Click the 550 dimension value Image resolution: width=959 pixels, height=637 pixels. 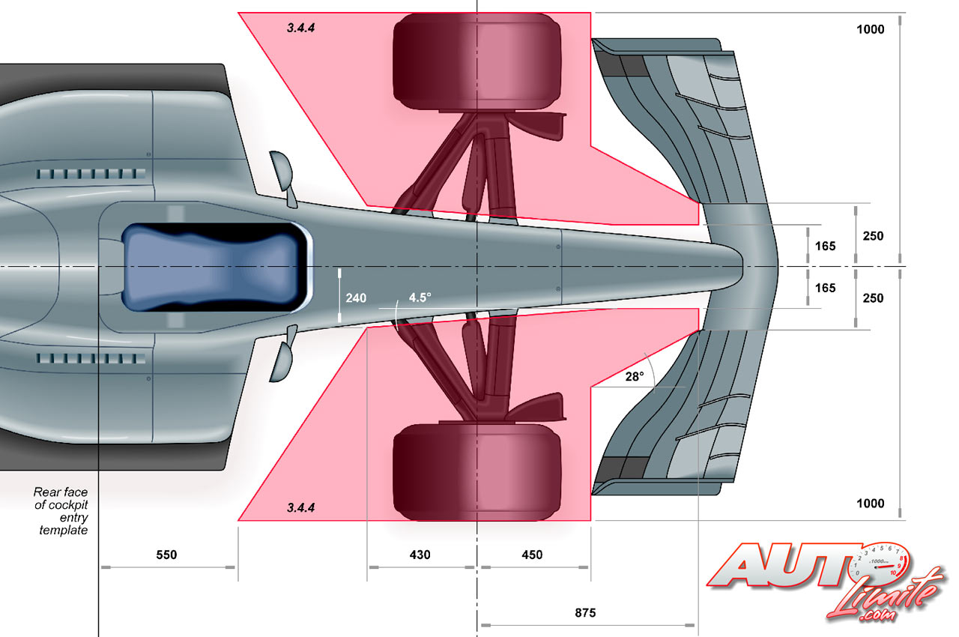click(166, 555)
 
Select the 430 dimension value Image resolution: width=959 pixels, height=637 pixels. click(420, 555)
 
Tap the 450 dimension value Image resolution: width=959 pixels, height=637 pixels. click(532, 555)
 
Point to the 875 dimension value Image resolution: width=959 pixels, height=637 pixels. click(585, 613)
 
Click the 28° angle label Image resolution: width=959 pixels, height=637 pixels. click(634, 377)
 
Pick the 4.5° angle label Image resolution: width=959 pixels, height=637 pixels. click(420, 297)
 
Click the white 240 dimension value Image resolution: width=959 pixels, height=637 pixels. click(356, 298)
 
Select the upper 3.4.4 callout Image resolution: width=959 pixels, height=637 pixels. click(300, 28)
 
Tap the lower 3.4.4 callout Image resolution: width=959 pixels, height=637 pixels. click(300, 507)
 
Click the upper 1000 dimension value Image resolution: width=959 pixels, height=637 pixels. click(870, 29)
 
